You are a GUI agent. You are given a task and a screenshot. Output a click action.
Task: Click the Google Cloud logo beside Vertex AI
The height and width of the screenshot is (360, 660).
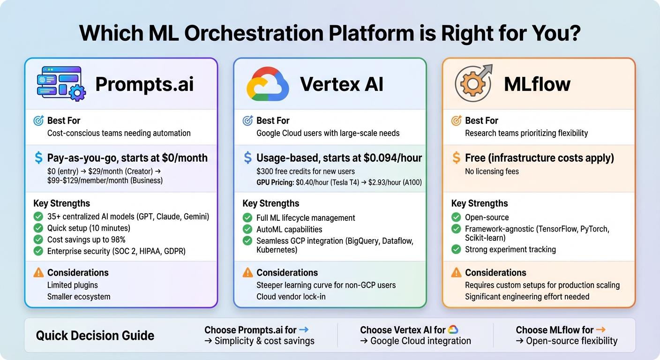tap(267, 84)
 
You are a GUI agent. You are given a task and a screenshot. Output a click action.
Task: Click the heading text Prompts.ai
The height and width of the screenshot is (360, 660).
tap(144, 84)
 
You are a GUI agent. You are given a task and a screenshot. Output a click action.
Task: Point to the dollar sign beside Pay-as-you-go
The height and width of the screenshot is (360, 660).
tap(38, 158)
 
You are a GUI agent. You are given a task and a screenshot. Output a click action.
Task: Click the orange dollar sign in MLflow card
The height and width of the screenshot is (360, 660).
tap(456, 158)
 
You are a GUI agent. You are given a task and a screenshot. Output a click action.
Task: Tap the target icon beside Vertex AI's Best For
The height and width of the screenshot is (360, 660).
tap(247, 121)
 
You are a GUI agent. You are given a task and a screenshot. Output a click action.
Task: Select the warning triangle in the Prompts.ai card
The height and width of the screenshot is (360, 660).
tap(38, 273)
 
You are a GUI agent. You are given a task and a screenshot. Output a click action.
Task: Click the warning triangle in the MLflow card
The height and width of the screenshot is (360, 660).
tap(456, 273)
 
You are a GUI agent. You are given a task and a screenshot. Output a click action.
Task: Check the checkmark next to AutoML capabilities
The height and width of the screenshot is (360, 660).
tap(247, 230)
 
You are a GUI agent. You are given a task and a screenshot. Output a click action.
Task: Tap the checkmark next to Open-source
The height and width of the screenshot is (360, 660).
tap(456, 217)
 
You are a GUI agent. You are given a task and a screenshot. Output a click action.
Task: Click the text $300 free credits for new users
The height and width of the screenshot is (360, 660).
tap(305, 171)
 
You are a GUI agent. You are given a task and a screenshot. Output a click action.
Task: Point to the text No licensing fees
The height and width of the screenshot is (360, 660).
tap(492, 171)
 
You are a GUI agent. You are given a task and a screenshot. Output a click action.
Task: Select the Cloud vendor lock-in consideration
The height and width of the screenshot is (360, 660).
tap(291, 297)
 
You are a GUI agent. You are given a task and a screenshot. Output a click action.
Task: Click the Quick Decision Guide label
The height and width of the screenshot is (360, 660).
tap(95, 336)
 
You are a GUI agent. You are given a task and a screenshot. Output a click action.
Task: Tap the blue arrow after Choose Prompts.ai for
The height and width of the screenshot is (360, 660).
tap(303, 330)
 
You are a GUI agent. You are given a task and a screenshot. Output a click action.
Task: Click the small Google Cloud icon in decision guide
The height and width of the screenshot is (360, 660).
tap(453, 330)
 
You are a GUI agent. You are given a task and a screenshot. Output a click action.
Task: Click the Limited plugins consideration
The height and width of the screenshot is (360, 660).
tap(73, 285)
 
